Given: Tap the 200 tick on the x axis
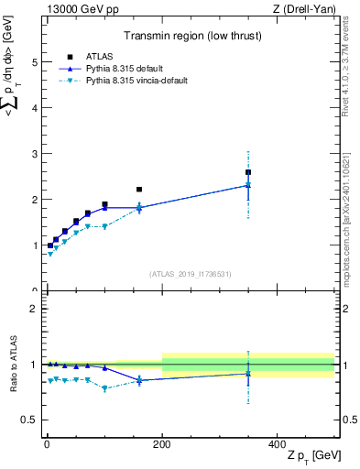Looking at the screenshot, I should pos(162,443).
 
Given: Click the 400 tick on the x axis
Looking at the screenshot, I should pos(278,443).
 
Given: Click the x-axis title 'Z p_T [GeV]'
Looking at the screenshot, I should pos(310,457).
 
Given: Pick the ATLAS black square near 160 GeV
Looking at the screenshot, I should pos(139,190).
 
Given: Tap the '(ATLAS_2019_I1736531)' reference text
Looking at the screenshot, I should pos(191,274).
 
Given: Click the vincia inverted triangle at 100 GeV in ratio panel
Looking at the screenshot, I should pos(104,388).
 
